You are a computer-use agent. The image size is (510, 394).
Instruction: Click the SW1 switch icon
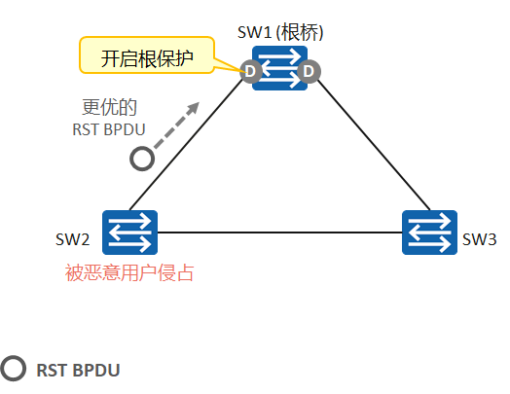point(280,69)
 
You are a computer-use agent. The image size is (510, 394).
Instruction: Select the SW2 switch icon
point(130,233)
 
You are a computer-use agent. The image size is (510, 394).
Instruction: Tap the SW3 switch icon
point(430,233)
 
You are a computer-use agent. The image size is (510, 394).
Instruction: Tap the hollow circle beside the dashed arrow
point(142,158)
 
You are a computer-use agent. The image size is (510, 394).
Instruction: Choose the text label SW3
point(480,239)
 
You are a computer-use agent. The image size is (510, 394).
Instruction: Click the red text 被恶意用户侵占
point(129,273)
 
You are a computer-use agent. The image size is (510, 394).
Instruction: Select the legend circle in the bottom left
point(13,369)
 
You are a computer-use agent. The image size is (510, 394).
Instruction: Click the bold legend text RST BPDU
point(79,370)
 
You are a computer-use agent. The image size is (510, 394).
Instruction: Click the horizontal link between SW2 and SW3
point(280,233)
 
